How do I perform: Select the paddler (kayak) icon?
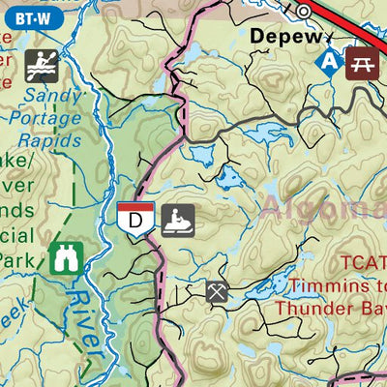pyautogui.click(x=42, y=66)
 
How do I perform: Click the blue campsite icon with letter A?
pyautogui.click(x=331, y=61)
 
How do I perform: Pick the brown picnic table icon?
pyautogui.click(x=364, y=61)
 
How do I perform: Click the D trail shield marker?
pyautogui.click(x=135, y=219)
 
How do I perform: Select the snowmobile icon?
pyautogui.click(x=177, y=219)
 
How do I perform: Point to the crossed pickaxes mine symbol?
pyautogui.click(x=217, y=291)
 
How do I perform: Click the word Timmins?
pyautogui.click(x=313, y=285)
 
